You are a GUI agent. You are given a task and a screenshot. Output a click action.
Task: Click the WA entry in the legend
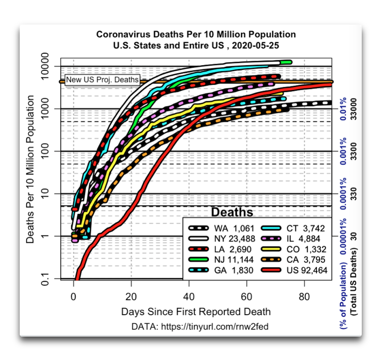pos(221,229)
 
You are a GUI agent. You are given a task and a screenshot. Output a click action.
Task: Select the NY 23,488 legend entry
pos(222,239)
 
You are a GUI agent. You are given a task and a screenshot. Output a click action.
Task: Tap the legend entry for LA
pos(220,249)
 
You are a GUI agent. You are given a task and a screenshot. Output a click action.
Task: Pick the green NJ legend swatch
pos(198,260)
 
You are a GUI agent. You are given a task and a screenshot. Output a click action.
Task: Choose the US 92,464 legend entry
pos(294,270)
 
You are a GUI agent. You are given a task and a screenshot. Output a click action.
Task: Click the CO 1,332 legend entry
pos(294,249)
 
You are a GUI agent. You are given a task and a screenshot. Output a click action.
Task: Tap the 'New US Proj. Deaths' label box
pos(102,80)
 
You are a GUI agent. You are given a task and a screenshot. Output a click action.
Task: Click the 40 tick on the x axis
pos(189,297)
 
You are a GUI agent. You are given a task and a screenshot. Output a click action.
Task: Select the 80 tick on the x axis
pos(304,297)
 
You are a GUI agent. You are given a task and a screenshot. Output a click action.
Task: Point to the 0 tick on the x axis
pos(74,297)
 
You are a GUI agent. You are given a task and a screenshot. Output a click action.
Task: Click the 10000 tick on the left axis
pos(45,66)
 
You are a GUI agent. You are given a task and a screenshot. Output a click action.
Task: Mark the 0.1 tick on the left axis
pos(45,279)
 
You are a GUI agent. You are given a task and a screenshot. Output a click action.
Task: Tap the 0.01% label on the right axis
pos(343,109)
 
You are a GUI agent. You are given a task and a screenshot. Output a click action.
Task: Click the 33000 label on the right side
pos(353,109)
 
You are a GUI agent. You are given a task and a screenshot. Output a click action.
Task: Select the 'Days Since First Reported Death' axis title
pos(196,311)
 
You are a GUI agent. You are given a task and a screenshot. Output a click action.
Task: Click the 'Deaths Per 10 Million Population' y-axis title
pos(30,169)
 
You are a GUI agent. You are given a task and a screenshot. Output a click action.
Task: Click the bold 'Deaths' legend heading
pos(232,212)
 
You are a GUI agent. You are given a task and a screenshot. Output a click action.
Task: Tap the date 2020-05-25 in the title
pos(255,45)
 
